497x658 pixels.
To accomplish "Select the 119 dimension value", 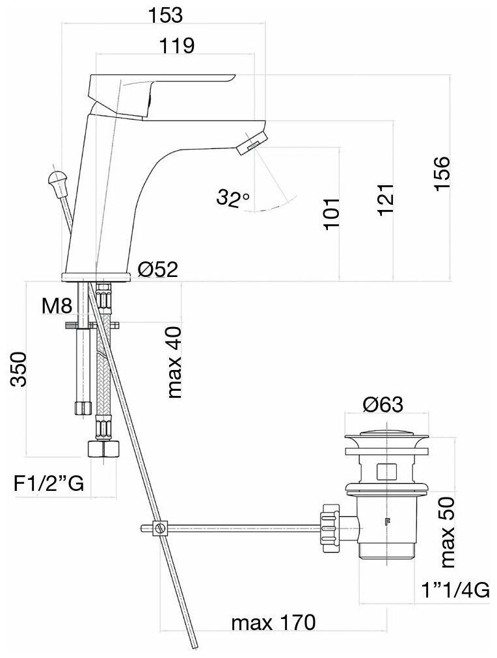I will [176, 46].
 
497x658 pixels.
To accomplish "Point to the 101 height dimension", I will [331, 213].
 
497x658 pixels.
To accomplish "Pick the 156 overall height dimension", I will [442, 174].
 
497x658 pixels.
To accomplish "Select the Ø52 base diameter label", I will [158, 269].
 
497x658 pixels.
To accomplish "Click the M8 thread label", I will [57, 306].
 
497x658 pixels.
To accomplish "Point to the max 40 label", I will [174, 361].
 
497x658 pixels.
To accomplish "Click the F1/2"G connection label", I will [49, 484].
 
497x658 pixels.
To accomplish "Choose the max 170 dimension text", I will [273, 623].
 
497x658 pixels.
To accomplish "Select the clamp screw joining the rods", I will [161, 527].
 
